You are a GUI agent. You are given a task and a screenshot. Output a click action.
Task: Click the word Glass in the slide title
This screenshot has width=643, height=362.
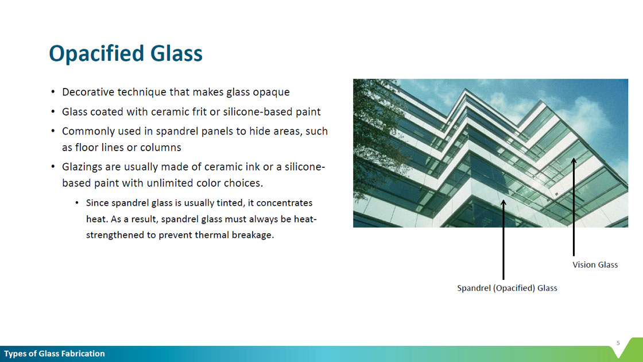176,53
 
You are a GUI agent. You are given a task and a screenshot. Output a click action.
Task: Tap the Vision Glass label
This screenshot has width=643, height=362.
595,265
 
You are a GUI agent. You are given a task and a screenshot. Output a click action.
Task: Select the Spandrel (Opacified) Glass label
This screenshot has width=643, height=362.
507,288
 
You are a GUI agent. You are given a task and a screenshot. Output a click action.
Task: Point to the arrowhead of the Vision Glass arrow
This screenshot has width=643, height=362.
574,160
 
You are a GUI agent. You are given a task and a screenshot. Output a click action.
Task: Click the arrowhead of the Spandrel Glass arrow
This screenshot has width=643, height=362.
503,203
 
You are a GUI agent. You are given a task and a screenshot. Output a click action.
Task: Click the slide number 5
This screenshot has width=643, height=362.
618,342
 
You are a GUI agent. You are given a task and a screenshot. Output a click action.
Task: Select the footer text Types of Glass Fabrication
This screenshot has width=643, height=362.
55,354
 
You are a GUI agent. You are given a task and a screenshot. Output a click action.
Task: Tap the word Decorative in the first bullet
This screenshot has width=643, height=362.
88,92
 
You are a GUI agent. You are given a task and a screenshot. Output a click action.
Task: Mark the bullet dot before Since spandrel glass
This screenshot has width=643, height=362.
77,203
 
